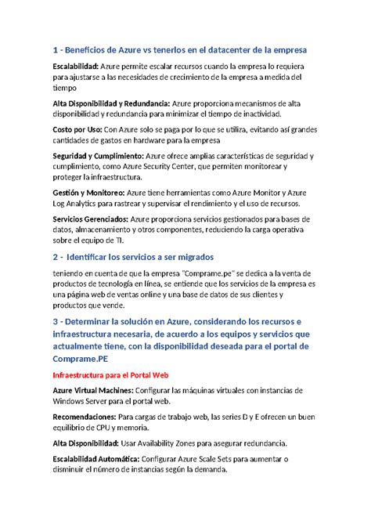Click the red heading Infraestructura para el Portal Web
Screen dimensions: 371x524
coord(112,374)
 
